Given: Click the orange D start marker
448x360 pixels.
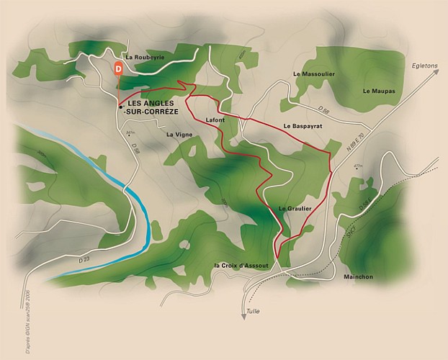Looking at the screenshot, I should click(x=118, y=68).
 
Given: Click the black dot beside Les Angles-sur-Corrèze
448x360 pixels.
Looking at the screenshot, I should click(x=120, y=106).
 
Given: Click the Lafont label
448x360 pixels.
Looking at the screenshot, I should click(x=215, y=120).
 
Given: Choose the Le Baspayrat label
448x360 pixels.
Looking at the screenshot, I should click(x=302, y=126).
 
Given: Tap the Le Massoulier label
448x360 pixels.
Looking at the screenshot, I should click(x=311, y=74).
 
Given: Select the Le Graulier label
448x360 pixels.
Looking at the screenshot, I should click(x=295, y=208).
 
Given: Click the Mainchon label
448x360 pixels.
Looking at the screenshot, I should click(x=358, y=276).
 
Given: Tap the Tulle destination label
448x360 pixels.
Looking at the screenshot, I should click(x=252, y=311).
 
